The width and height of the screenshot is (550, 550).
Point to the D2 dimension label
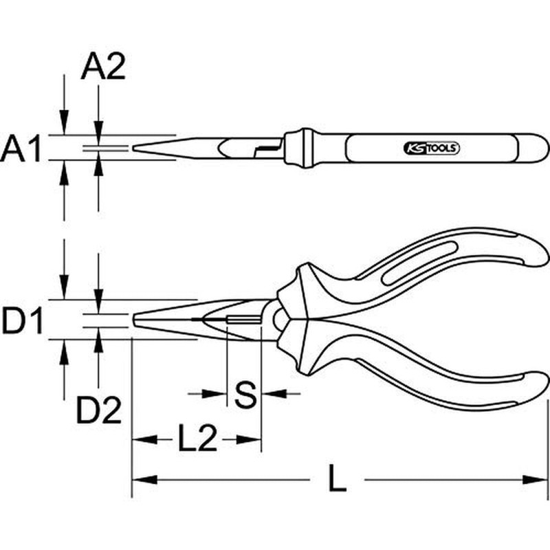click(x=98, y=411)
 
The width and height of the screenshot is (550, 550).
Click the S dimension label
click(x=245, y=395)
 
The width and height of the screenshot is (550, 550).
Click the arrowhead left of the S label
click(x=219, y=394)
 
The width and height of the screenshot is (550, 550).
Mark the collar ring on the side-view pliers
click(x=300, y=148)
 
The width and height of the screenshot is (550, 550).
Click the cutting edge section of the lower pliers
click(x=244, y=320)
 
